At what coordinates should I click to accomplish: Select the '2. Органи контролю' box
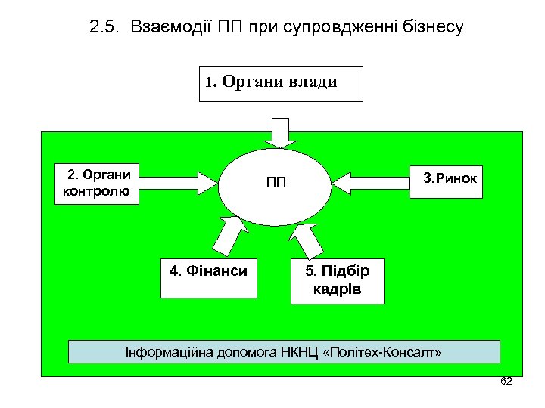click(98, 184)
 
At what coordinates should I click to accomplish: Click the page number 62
click(506, 381)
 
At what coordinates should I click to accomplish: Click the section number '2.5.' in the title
click(104, 29)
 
